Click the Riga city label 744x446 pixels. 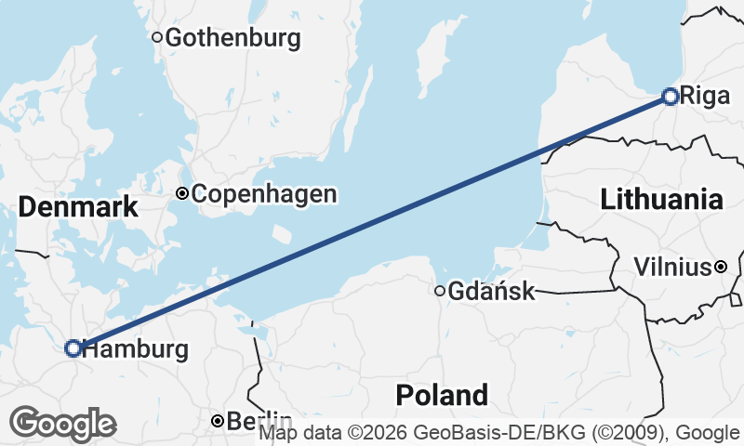coord(699,96)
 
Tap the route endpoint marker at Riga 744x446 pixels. coord(671,95)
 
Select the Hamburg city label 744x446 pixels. coord(135,349)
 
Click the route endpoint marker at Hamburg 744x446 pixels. coord(73,348)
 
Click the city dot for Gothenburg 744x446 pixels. coord(157,38)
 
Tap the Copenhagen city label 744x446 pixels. coord(263,194)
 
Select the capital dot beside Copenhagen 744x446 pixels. coord(182,194)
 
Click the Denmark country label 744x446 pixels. coord(78,207)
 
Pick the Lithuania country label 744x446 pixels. coord(661,199)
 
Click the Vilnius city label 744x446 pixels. coord(671,268)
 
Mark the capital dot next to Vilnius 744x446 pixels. coord(721,268)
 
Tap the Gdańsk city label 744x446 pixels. coord(492,292)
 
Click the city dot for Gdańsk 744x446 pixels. coord(440,291)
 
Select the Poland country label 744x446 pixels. coord(442,395)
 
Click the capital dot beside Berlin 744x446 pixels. coord(217,421)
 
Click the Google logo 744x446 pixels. coord(62,424)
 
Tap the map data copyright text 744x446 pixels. coord(499,433)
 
